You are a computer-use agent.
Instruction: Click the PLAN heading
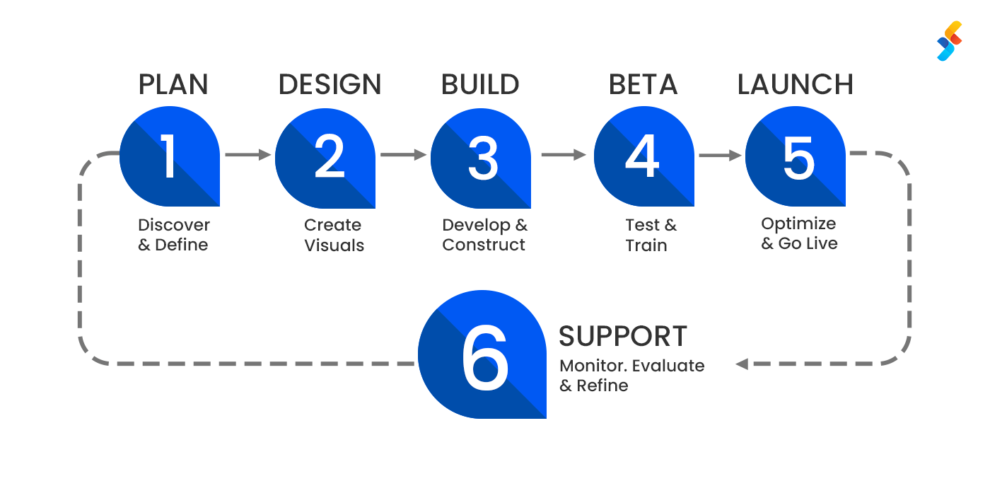pos(173,85)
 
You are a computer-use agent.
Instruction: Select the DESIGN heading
pos(330,85)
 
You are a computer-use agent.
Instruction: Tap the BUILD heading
pos(480,85)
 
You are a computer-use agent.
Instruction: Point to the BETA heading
pos(643,85)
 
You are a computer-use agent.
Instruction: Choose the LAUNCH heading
pos(796,85)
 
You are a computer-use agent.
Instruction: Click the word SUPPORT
pos(622,337)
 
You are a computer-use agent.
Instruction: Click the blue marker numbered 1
pos(170,157)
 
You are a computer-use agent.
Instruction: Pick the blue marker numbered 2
pos(325,157)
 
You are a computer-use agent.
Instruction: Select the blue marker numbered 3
pos(481,157)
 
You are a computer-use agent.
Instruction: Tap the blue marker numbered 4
pos(643,157)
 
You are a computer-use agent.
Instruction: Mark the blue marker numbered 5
pos(796,157)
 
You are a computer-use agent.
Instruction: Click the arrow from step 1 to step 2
pos(248,154)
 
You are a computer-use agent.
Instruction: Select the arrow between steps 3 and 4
pos(564,154)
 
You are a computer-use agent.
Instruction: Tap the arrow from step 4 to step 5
pos(720,155)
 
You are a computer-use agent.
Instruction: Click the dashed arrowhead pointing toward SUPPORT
pos(741,364)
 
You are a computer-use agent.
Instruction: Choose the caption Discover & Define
pos(173,235)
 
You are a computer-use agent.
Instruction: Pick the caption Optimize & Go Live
pos(799,233)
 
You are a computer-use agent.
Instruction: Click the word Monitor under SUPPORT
pos(593,366)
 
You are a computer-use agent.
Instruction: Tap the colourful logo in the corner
pos(950,41)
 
